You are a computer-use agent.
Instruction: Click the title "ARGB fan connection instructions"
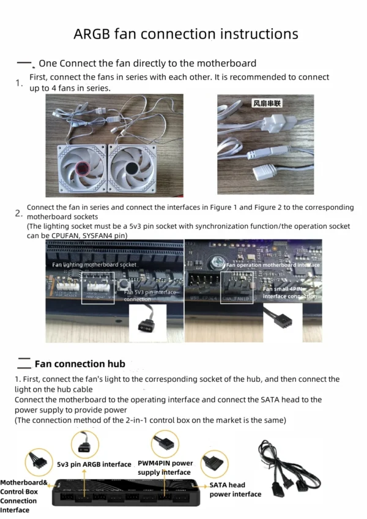tap(185, 33)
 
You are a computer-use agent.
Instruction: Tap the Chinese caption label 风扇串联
tap(267, 104)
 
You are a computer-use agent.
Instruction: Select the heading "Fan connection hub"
tap(80, 364)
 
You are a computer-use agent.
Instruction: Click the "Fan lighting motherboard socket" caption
tap(94, 264)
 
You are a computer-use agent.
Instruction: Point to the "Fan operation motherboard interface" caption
tap(273, 265)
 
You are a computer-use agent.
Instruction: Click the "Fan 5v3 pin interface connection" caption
tap(150, 296)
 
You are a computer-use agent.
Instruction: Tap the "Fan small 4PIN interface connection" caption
tap(290, 293)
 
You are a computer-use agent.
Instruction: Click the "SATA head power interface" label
tap(235, 489)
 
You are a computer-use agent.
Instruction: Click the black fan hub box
tap(128, 493)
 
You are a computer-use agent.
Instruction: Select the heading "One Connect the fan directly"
tap(147, 63)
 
